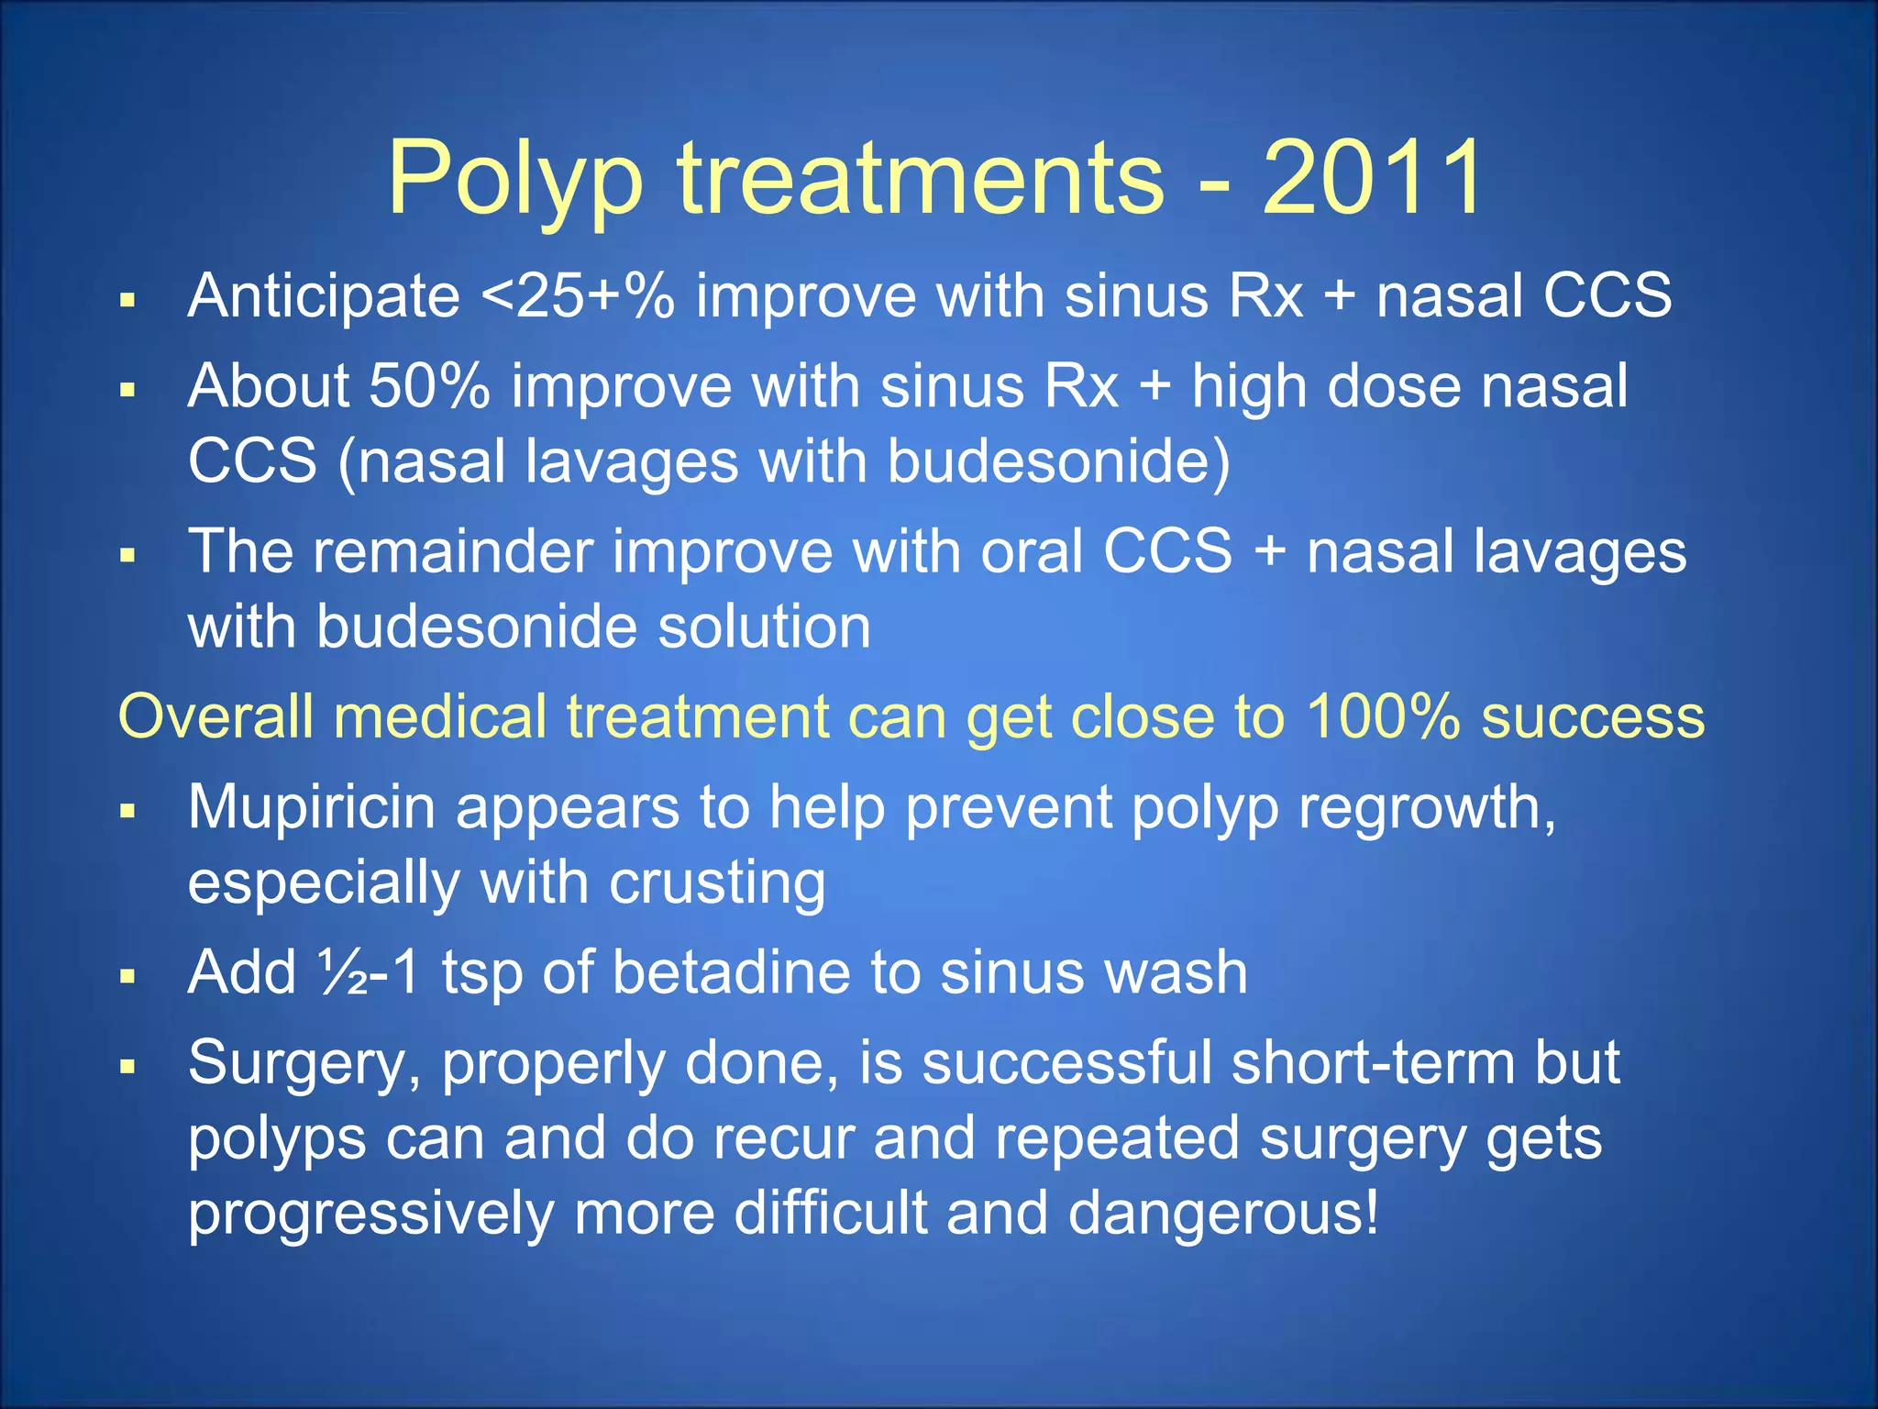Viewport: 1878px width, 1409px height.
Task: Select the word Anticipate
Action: point(324,296)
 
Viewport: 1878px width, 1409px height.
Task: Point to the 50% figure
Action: point(429,386)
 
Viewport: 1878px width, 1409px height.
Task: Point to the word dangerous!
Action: point(1223,1213)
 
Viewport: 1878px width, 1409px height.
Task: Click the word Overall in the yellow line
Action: point(216,716)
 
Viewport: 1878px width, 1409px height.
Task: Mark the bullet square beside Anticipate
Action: point(127,299)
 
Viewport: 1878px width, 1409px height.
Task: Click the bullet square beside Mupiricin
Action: point(127,811)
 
